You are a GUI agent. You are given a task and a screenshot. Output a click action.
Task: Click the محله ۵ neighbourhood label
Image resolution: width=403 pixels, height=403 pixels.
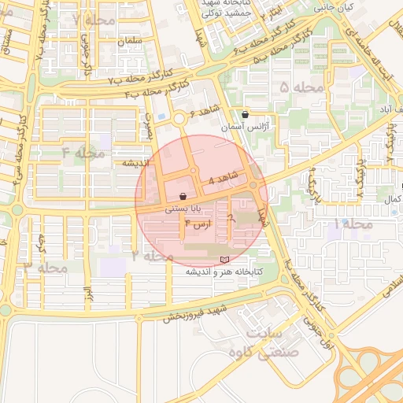tap(301, 87)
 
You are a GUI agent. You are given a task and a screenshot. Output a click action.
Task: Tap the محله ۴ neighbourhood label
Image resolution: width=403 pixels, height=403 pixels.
tap(83, 152)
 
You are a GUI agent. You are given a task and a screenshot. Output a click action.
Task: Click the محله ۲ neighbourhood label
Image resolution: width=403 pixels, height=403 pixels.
tap(153, 256)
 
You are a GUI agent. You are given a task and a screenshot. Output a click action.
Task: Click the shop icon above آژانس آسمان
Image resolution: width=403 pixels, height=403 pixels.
tap(246, 114)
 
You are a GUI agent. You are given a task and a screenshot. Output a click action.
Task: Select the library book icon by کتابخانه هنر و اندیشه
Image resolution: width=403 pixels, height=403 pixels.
tap(224, 260)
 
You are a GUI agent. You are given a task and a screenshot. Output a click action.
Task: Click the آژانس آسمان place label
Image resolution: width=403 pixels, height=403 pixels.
tap(245, 126)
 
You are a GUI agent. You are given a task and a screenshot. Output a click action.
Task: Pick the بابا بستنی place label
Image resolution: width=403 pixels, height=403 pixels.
tap(183, 210)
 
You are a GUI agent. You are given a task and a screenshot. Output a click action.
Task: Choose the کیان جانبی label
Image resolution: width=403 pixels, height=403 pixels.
tap(335, 6)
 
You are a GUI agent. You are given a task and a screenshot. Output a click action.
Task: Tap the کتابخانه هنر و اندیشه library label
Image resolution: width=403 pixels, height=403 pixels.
tap(224, 272)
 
